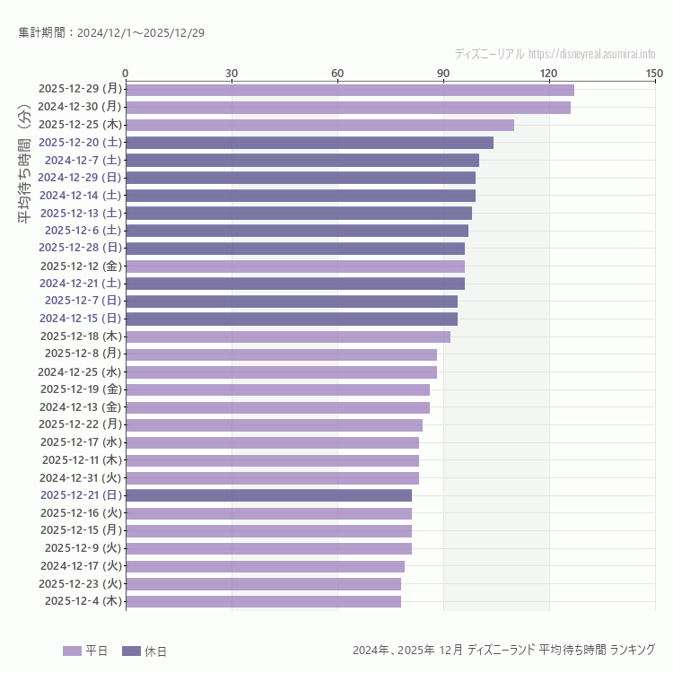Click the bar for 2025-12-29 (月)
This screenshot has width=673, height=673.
click(x=350, y=90)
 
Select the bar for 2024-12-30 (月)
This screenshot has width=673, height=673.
click(x=348, y=108)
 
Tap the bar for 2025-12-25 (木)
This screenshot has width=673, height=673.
click(x=319, y=125)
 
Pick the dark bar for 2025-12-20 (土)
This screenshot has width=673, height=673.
click(x=310, y=143)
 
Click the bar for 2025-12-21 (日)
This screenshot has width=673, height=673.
click(x=268, y=495)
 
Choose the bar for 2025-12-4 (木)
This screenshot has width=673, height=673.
click(x=263, y=601)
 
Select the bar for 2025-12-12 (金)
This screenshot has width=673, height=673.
click(x=295, y=267)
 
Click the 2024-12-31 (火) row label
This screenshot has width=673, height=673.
click(x=80, y=477)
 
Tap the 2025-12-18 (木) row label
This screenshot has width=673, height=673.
click(x=80, y=336)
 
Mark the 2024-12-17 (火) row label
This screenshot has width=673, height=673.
click(x=80, y=566)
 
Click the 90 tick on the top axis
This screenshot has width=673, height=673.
click(x=443, y=73)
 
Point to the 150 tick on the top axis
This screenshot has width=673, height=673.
click(x=654, y=73)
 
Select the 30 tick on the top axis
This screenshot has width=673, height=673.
click(x=232, y=73)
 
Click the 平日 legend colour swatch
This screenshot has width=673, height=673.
click(x=72, y=651)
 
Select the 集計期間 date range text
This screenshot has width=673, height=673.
click(x=111, y=32)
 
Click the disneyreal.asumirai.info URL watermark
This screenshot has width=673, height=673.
click(x=591, y=54)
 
